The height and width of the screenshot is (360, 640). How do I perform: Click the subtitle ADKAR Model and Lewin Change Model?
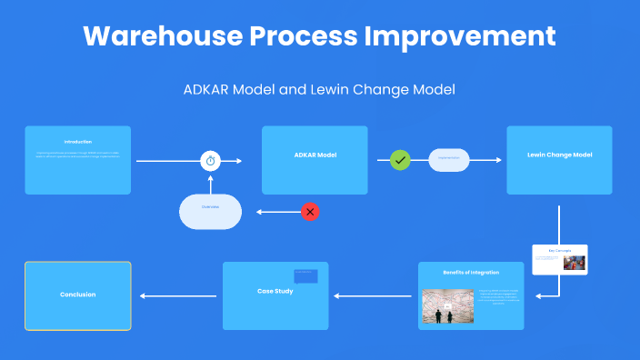pos(319,90)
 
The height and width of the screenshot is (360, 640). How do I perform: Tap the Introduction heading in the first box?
pos(77,142)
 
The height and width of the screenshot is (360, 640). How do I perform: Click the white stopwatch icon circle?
pos(211,161)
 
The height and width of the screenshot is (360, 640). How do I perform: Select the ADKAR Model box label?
pos(315,155)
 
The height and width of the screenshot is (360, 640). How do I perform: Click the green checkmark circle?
pos(400,160)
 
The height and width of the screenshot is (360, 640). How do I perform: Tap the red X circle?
pos(310,212)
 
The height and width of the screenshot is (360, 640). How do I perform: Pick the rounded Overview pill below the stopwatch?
pos(210,212)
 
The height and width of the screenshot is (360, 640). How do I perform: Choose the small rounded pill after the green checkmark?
pos(448,160)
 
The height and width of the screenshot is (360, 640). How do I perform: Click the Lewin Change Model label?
pos(559,155)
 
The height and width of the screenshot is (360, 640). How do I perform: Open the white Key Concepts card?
pos(559,259)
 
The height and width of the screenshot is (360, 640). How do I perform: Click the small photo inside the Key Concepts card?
pos(573,263)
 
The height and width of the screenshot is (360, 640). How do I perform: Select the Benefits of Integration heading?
pos(471,273)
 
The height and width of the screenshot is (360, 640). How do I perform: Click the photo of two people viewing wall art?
pos(446,307)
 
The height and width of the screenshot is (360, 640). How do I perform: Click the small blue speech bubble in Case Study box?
pos(305,275)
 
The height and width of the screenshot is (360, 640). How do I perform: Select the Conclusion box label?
pos(77,295)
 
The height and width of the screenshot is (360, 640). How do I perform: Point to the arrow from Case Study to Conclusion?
pos(177,295)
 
